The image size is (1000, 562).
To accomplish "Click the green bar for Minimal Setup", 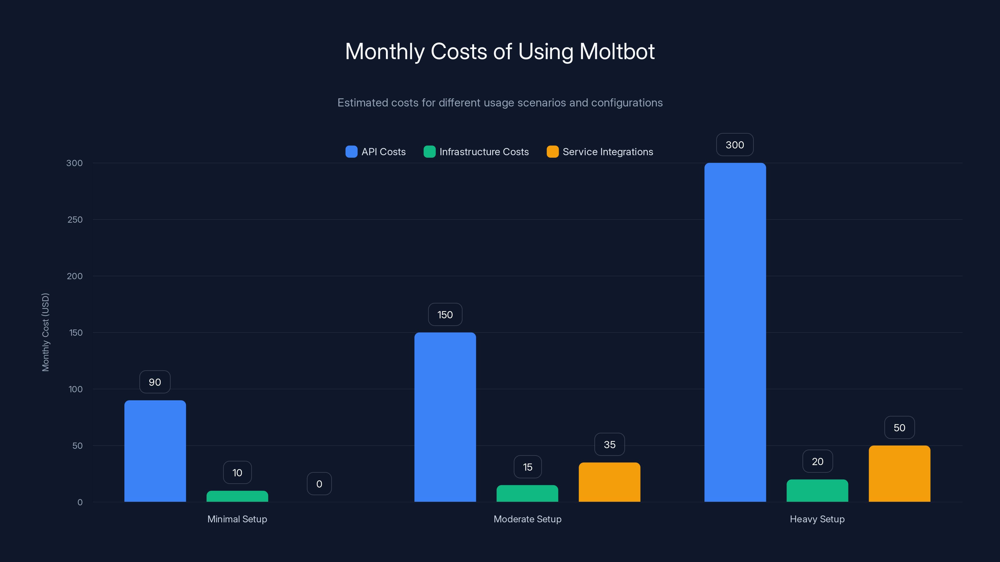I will [x=237, y=496].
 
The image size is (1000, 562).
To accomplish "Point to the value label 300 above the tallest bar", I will [x=734, y=145].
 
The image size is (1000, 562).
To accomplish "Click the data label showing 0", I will [x=319, y=484].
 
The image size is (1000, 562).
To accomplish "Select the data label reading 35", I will [x=609, y=445].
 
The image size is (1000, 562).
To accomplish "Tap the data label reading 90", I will [x=155, y=382].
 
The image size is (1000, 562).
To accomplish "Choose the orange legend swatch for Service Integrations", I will [x=552, y=152].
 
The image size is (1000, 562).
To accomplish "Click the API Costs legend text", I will [x=383, y=152].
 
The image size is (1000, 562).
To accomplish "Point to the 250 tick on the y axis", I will [x=75, y=219].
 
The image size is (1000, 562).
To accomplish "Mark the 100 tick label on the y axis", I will [x=75, y=389].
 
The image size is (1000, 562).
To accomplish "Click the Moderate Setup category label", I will [x=527, y=519].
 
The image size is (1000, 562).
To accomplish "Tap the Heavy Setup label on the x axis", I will [x=817, y=519].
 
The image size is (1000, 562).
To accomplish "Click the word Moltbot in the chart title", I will [x=617, y=52].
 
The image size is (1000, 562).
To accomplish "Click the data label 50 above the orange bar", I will [x=899, y=427].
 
